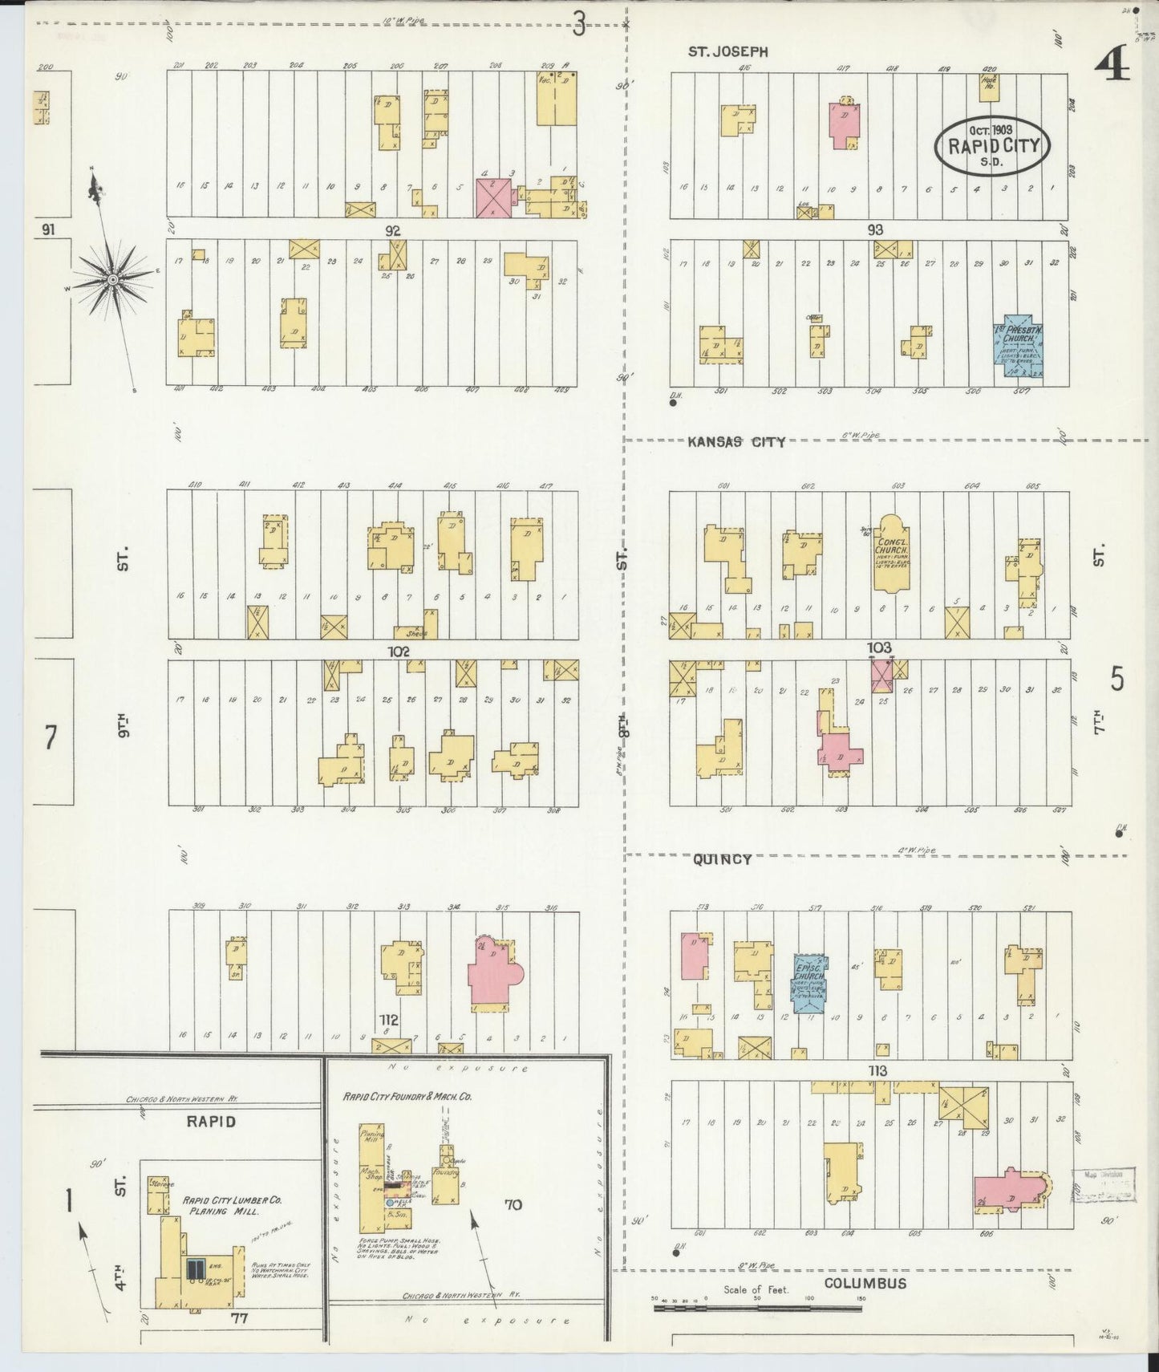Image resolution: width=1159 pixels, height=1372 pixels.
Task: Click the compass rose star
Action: [113, 278]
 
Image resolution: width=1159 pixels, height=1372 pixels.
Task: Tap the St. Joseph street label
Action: [728, 51]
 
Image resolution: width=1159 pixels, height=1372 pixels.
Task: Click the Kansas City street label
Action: [736, 441]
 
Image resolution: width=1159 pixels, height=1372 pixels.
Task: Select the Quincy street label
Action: [722, 859]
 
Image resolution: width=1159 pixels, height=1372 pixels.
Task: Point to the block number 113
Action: [877, 1071]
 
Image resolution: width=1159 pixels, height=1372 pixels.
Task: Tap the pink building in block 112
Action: [494, 970]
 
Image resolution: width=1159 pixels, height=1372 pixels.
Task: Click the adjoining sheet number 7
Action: [51, 737]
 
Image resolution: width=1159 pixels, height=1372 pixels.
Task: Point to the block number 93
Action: [875, 229]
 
